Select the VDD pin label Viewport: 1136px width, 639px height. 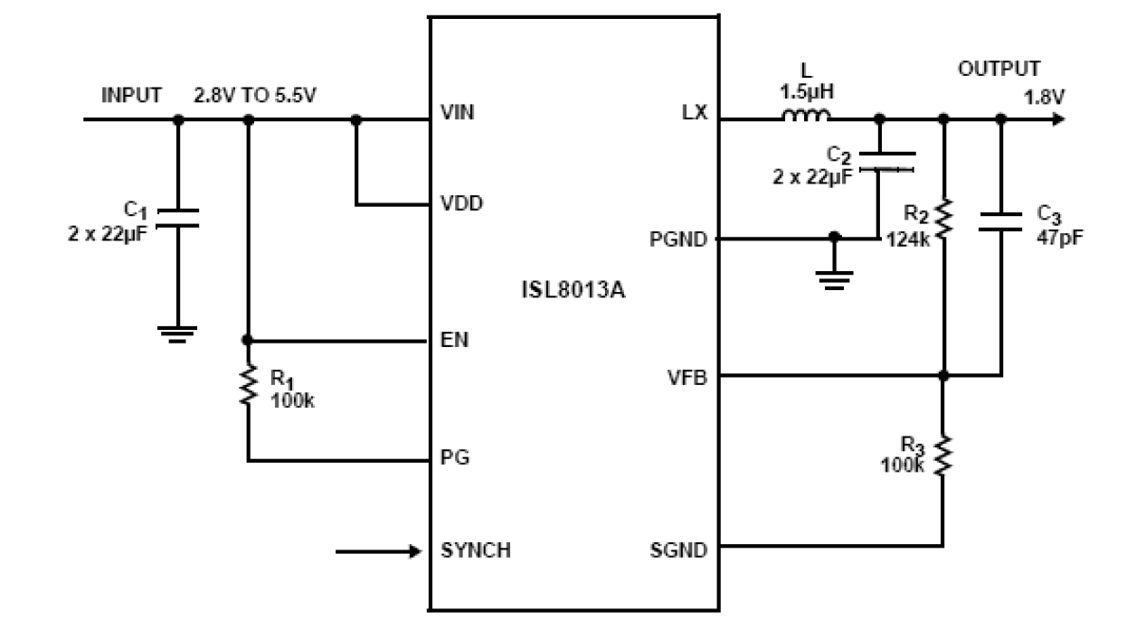(461, 203)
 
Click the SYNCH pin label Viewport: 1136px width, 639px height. (475, 550)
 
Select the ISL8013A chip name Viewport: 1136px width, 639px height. (573, 293)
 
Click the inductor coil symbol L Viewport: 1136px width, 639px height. (805, 116)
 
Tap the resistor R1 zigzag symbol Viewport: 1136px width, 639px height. (247, 387)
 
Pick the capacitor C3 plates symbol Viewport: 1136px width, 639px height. (1000, 222)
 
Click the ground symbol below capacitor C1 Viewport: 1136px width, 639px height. (177, 334)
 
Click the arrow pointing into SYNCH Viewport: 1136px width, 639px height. (380, 550)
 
